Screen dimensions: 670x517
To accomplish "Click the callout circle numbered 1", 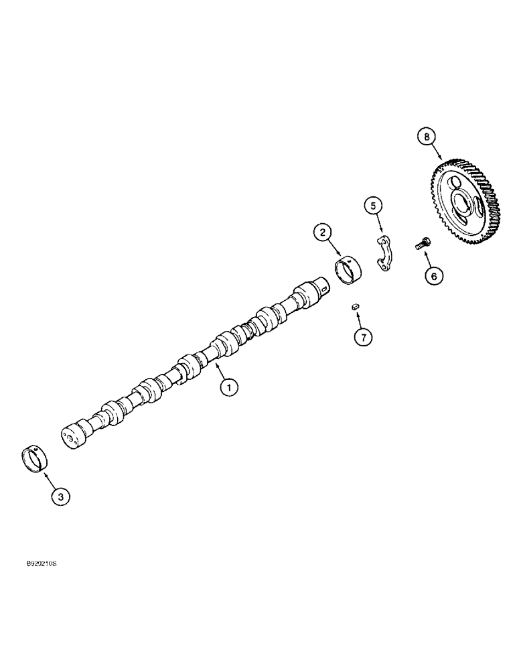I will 229,387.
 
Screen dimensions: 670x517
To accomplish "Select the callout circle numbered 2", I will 323,232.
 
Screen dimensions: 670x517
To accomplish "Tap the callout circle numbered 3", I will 60,496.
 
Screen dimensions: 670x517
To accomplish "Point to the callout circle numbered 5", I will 374,206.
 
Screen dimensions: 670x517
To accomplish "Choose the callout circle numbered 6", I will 433,275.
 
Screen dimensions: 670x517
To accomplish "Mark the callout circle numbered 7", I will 362,338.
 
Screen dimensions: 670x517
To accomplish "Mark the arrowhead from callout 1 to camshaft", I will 216,364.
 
